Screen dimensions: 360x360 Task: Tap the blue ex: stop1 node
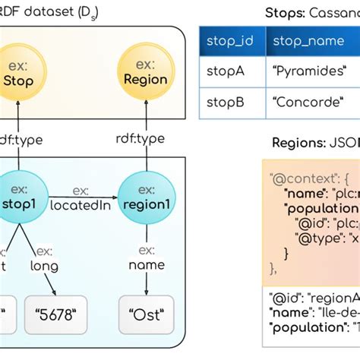click(x=19, y=194)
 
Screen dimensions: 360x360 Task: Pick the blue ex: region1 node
click(x=142, y=194)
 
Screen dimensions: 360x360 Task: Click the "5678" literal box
click(x=57, y=311)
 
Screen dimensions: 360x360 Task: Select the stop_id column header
click(x=231, y=40)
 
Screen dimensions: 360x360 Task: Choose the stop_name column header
click(x=308, y=40)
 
